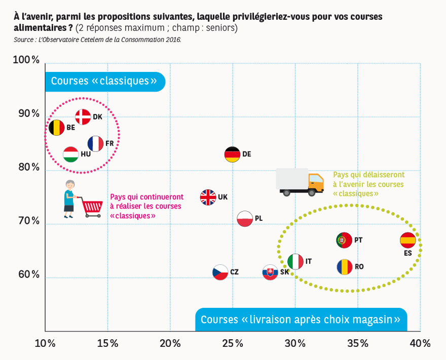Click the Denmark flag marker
coord(83,117)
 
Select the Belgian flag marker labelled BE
coord(56,128)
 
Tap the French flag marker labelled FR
coord(95,144)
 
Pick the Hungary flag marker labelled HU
coord(71,154)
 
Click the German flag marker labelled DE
coord(232,154)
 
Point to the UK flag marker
coord(208,197)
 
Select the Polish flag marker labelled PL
coord(245,218)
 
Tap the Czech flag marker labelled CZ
coord(220,272)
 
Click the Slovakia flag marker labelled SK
coord(270,272)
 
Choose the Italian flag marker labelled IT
coord(295,261)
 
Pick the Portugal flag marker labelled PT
coord(345,239)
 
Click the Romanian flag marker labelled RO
coord(345,266)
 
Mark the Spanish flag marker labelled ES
coord(408,240)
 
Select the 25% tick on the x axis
coord(232,343)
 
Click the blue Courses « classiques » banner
coord(104,82)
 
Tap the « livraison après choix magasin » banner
coord(302,319)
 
